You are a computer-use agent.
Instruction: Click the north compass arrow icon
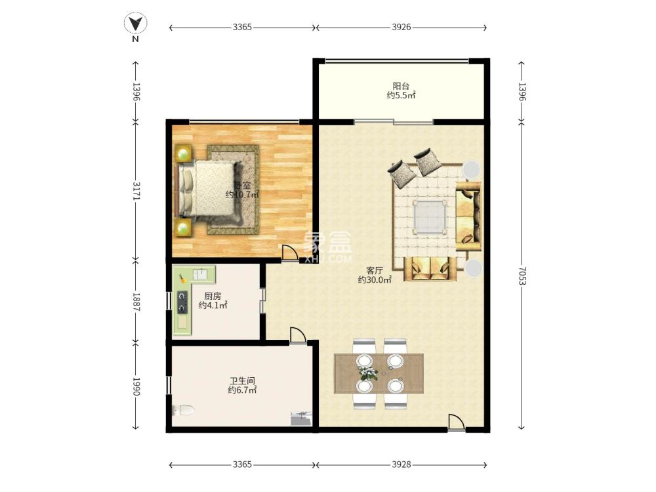136,24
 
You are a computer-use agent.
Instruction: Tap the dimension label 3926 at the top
401,27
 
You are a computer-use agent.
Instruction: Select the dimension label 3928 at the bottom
401,464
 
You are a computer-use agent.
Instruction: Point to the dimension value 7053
522,276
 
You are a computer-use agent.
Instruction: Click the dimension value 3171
136,190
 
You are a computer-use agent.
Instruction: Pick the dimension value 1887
136,302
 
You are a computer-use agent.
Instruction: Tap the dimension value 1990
136,386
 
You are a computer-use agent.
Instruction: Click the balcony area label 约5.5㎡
401,95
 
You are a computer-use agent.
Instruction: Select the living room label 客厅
375,271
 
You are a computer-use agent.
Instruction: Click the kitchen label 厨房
213,297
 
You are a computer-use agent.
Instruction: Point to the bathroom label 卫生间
242,381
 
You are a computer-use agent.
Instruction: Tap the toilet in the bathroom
183,410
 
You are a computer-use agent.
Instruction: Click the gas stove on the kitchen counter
182,302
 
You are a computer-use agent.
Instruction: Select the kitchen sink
200,274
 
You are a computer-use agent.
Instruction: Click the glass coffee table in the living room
430,216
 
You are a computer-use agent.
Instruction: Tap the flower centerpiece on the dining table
368,373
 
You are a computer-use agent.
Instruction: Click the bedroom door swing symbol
289,253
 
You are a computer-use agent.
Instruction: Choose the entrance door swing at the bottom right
456,422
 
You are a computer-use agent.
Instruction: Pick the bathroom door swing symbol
297,335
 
